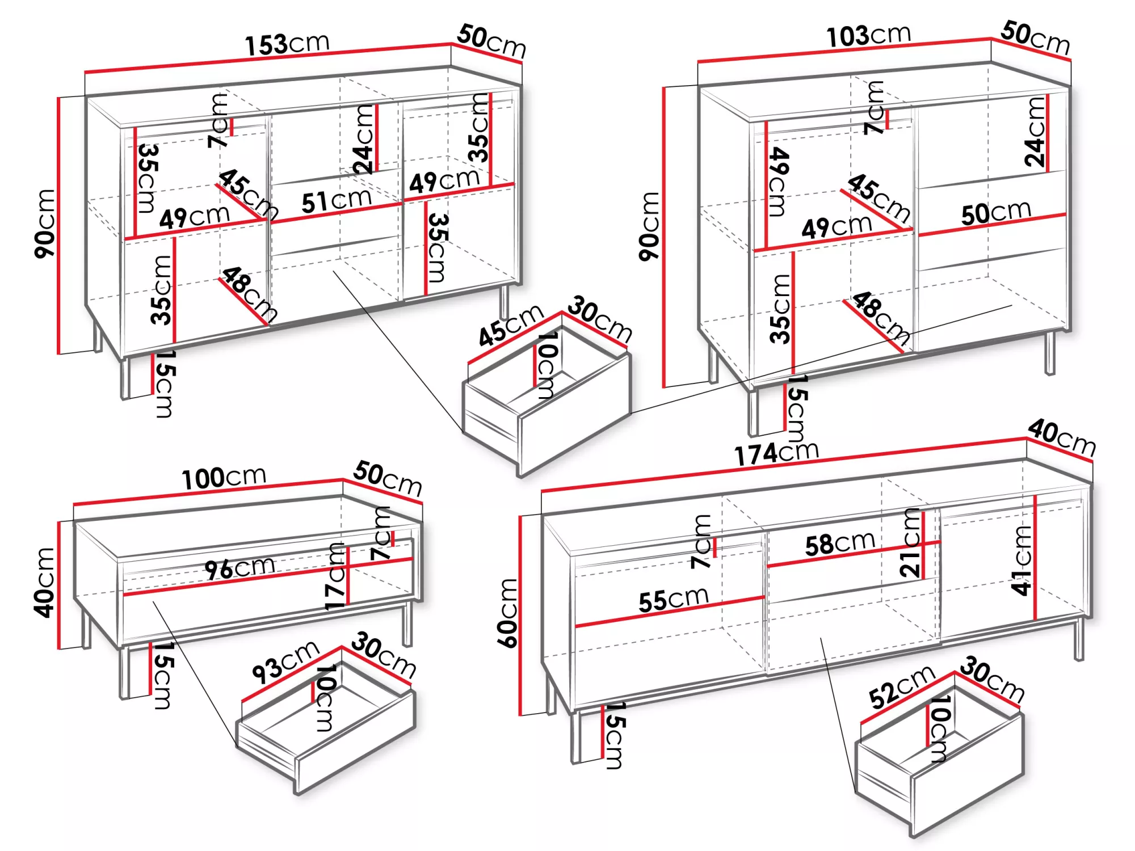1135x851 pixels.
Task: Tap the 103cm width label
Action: (868, 36)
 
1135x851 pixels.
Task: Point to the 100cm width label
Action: (224, 478)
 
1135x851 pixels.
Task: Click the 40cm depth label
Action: (1062, 437)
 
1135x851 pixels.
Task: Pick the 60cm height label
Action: (508, 613)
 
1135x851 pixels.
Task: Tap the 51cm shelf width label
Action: (337, 200)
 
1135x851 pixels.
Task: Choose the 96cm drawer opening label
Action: (240, 568)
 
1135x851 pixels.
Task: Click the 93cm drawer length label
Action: (286, 662)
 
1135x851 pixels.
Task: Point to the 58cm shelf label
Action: (840, 544)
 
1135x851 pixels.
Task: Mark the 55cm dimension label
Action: (674, 600)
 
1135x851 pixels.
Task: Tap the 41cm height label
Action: (1021, 560)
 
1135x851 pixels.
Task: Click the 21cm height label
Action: (910, 543)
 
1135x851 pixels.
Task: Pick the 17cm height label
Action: (335, 576)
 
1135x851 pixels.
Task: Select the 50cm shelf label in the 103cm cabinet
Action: (996, 213)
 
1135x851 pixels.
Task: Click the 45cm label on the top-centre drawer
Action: (511, 325)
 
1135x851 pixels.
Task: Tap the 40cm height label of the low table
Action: (44, 582)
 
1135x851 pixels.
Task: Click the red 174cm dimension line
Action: (784, 464)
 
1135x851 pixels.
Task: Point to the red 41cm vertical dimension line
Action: (1035, 558)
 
